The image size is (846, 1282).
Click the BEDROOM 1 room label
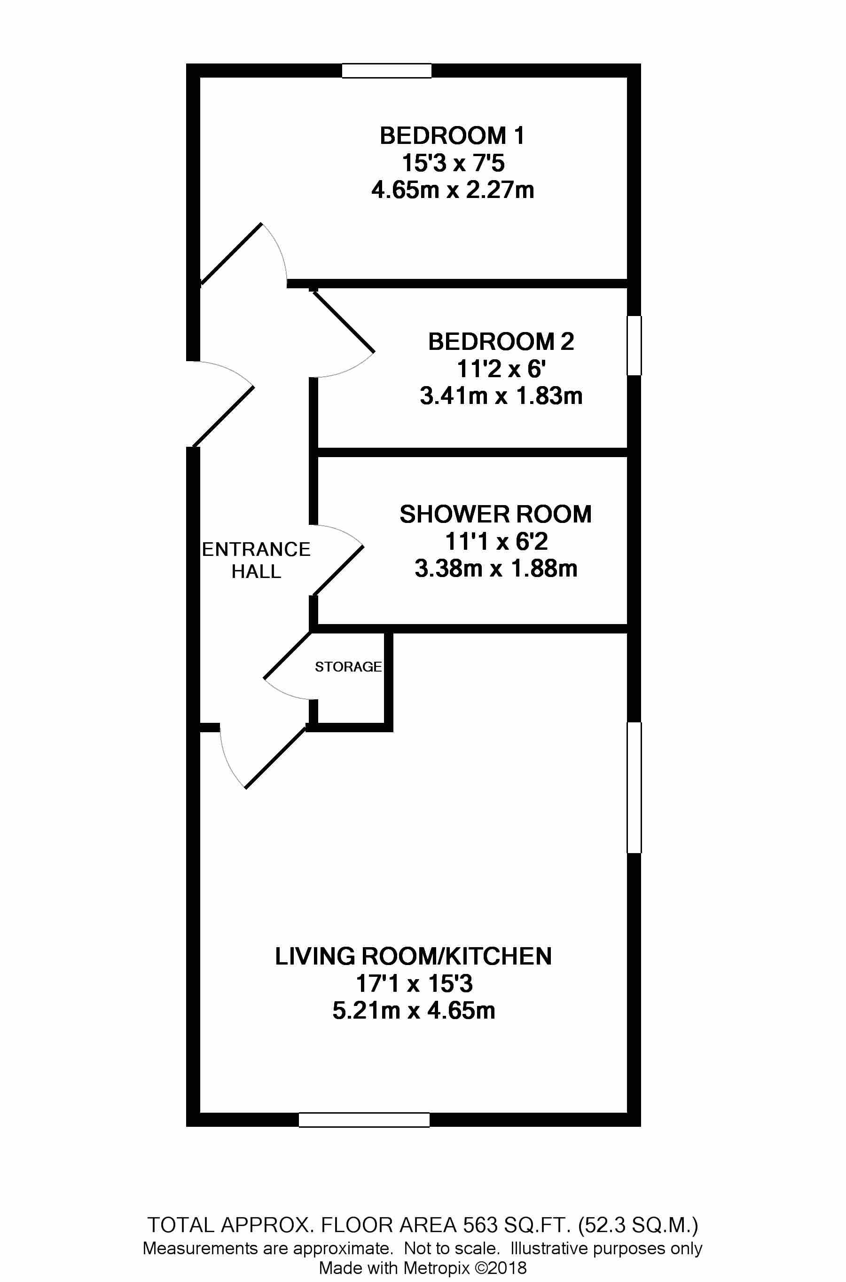click(452, 135)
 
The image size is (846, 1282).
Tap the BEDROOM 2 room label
click(501, 342)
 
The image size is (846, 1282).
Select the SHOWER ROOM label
click(495, 514)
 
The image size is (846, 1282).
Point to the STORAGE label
click(348, 667)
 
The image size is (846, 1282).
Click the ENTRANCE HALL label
click(256, 560)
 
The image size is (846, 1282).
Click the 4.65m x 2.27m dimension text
click(453, 190)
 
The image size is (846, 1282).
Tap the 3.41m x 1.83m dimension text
click(501, 396)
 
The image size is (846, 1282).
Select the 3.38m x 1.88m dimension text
click(496, 569)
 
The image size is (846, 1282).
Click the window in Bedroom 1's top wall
click(387, 71)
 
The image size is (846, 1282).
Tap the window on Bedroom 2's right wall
click(634, 346)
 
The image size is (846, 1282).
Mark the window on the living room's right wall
click(634, 788)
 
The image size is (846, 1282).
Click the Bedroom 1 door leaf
click(231, 253)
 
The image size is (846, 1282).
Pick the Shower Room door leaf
click(338, 570)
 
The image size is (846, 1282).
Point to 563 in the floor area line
click(480, 1210)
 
